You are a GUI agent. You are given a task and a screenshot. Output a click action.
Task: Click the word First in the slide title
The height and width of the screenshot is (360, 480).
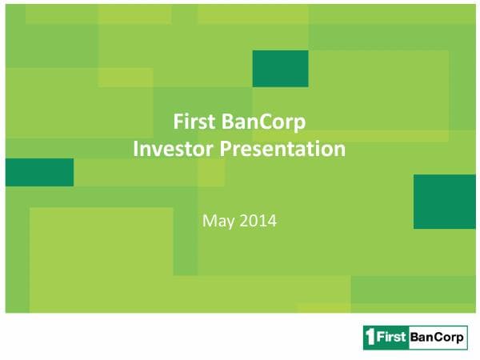pyautogui.click(x=194, y=122)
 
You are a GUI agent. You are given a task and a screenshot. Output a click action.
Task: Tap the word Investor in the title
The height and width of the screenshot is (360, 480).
pyautogui.click(x=167, y=148)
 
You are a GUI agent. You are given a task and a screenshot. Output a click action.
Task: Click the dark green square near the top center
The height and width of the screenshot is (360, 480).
pyautogui.click(x=280, y=68)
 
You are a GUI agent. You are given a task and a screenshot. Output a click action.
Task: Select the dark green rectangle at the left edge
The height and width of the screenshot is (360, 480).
pyautogui.click(x=39, y=172)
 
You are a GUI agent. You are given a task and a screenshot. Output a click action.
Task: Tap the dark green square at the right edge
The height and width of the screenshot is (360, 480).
pyautogui.click(x=444, y=202)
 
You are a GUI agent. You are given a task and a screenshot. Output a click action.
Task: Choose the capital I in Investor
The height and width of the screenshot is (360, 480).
pyautogui.click(x=134, y=148)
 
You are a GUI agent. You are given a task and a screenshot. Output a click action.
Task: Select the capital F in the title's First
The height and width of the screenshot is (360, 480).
pyautogui.click(x=179, y=122)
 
